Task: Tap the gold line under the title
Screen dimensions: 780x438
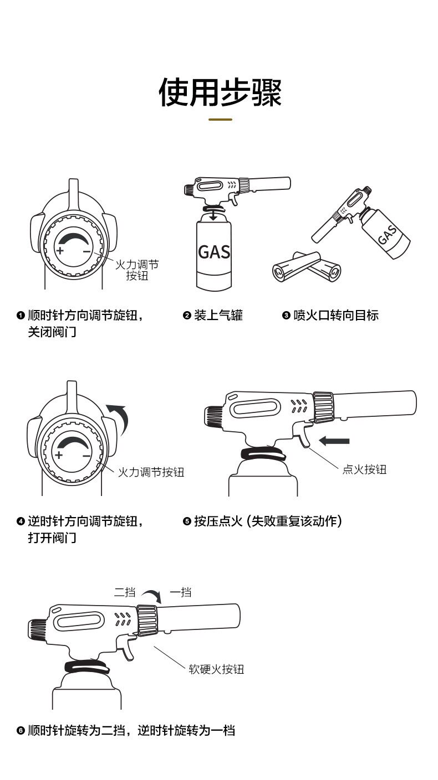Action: (220, 119)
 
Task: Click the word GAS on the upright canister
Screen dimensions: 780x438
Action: (214, 252)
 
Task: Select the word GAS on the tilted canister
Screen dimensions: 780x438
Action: (388, 235)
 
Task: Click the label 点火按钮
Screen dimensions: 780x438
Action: (364, 469)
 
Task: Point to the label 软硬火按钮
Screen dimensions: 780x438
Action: (216, 669)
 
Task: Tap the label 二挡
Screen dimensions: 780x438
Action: (125, 592)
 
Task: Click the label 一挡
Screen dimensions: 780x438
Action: (180, 592)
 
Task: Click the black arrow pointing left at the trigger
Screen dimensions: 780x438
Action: (334, 441)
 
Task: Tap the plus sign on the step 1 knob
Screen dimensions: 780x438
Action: (60, 251)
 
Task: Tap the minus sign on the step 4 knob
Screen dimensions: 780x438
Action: (86, 456)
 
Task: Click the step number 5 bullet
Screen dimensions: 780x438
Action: (187, 521)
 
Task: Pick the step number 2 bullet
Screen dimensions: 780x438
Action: (187, 316)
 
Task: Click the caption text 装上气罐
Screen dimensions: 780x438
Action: (218, 316)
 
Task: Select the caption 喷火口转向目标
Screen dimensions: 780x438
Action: (336, 316)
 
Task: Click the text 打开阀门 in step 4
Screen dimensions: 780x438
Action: (52, 538)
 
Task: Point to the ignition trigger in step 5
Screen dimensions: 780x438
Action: (302, 435)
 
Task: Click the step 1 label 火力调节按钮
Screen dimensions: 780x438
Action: (137, 270)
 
